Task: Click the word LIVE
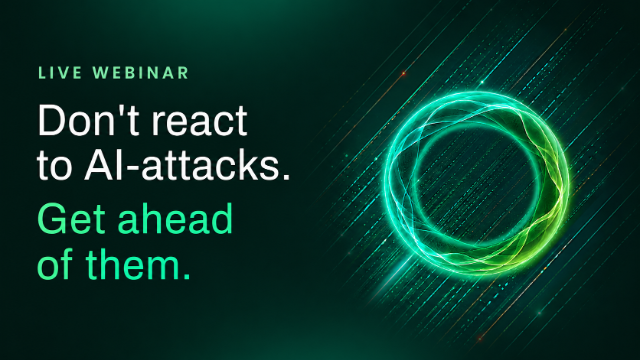(60, 73)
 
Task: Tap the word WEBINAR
(141, 73)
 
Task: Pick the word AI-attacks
(183, 164)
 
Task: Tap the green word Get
(72, 218)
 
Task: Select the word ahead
(175, 218)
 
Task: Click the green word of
(55, 263)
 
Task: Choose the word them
(133, 264)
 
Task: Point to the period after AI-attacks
(286, 176)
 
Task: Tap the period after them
(186, 276)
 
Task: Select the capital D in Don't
(51, 120)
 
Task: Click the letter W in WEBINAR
(101, 73)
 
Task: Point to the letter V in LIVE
(65, 73)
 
